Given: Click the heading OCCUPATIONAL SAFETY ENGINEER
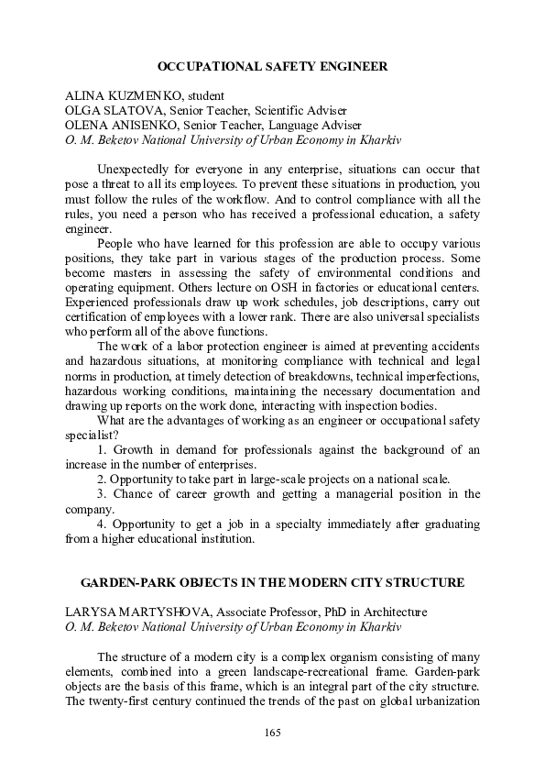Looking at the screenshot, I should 273,67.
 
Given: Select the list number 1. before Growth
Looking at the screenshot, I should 103,450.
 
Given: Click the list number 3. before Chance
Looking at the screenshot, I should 103,494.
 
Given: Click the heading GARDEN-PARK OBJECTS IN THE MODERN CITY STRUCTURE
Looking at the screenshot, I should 273,583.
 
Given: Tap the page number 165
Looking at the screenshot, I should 272,732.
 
